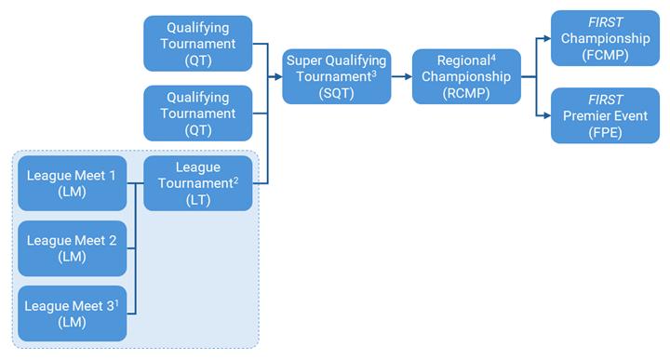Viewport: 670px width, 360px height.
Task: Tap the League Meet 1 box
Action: coord(72,183)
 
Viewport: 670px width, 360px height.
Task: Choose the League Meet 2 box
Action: coord(72,248)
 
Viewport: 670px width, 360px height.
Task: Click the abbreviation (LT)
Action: coord(197,200)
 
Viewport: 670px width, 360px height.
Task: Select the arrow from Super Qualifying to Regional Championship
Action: coord(401,77)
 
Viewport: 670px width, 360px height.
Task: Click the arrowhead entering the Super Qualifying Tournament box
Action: coord(279,77)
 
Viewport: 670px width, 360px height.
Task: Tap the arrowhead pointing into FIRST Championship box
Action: coord(546,39)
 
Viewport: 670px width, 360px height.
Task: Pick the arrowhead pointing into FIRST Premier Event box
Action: coord(546,115)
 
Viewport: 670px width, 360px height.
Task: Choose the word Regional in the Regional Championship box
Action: coord(462,60)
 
